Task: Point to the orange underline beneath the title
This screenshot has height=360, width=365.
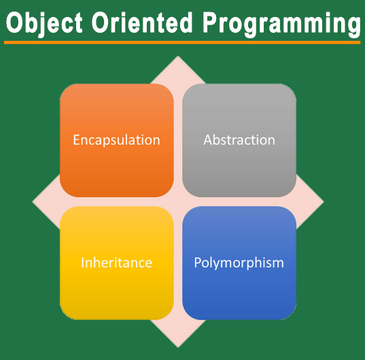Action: (x=182, y=42)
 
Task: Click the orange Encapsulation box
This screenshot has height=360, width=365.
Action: (x=116, y=140)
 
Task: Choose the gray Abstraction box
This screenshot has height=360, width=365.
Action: (x=239, y=140)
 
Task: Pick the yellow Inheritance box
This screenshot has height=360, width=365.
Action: (x=116, y=263)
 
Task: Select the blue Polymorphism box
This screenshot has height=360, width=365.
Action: (x=239, y=263)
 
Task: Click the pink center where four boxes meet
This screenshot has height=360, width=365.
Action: (x=178, y=201)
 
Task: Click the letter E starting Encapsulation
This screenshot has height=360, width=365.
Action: (x=77, y=140)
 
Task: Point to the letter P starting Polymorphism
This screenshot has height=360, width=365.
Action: (x=198, y=263)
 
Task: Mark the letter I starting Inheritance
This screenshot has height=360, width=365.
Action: (x=83, y=263)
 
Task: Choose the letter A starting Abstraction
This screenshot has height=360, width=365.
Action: (x=208, y=140)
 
